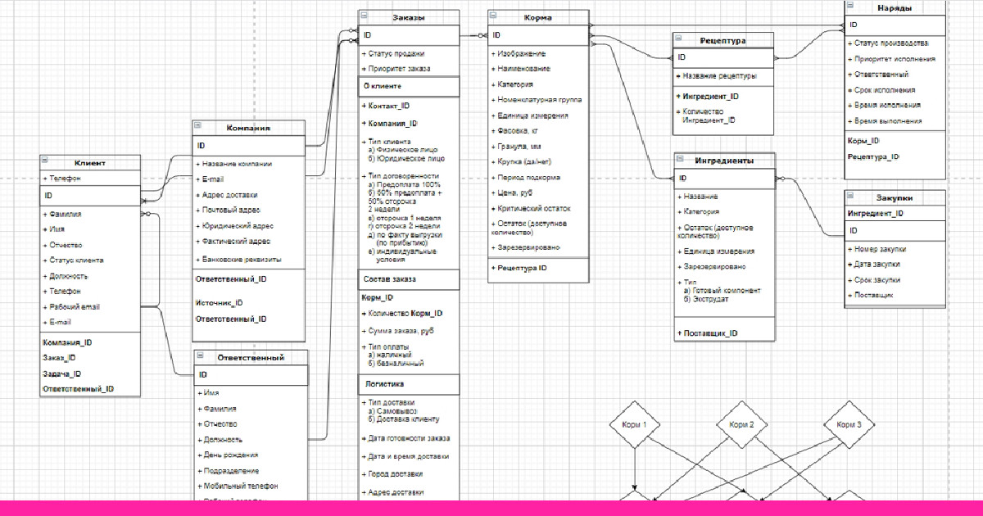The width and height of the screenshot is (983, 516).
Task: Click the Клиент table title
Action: point(89,163)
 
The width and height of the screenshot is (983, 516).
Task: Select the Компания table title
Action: point(248,129)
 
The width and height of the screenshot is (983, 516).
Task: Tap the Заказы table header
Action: point(408,18)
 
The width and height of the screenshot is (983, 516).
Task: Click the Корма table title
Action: point(537,18)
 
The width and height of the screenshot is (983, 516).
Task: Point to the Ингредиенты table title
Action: point(724,161)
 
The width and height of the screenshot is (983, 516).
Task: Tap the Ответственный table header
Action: point(251,358)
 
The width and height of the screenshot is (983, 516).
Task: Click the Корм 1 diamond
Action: point(635,425)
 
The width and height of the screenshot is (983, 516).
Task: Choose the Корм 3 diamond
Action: point(849,425)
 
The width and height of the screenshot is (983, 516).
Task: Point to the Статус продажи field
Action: point(396,54)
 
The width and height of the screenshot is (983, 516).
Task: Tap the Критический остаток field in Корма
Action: point(535,209)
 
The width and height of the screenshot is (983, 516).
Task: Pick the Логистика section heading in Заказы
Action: point(383,383)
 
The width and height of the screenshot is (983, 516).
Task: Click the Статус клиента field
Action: point(76,260)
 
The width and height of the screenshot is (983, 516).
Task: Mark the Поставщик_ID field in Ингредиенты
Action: point(709,333)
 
